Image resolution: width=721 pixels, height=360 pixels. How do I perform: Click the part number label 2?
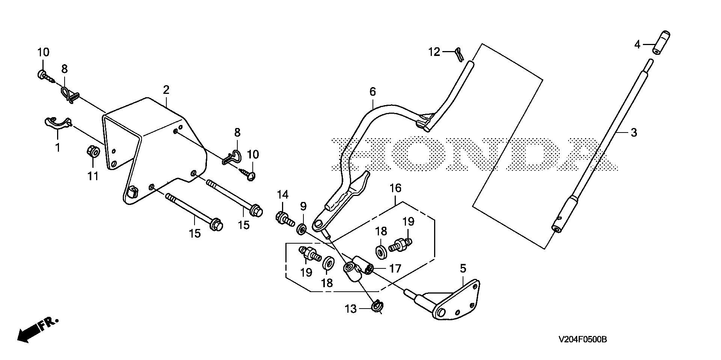(166, 90)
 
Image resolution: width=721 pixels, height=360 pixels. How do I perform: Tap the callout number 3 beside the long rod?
(634, 133)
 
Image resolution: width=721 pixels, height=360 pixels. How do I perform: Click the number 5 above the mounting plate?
(463, 268)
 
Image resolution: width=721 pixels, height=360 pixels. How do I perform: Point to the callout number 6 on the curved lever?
(372, 92)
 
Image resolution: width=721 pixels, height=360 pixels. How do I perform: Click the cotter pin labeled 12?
(459, 53)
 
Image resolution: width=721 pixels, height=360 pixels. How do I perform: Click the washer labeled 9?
(301, 229)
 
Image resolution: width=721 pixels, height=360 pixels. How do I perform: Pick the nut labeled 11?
(92, 152)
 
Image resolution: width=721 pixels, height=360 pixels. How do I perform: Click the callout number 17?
(395, 268)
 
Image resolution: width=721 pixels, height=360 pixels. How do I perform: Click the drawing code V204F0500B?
(582, 340)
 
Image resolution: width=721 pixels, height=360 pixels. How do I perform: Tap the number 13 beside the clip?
(351, 309)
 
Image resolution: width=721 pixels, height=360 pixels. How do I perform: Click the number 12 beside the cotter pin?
(434, 52)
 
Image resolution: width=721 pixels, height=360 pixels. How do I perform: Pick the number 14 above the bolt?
(282, 194)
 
